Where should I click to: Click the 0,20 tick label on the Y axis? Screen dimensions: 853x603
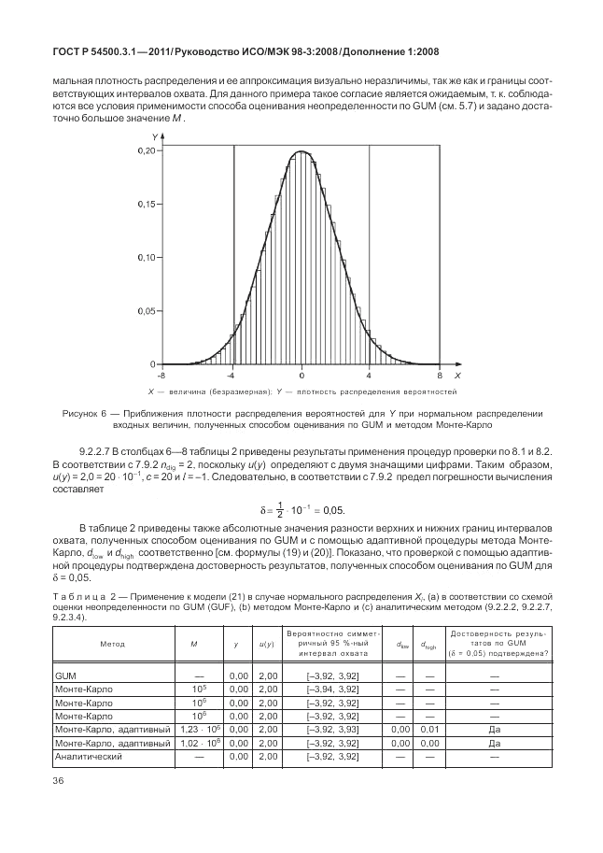[146, 150]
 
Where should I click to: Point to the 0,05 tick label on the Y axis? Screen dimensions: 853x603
[146, 310]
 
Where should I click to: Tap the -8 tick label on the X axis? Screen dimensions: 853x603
[161, 374]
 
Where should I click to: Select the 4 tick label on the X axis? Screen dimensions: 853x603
[370, 374]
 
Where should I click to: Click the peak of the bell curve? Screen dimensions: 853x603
[301, 151]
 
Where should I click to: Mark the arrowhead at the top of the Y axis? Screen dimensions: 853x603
[162, 138]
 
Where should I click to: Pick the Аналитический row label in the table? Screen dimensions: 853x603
[90, 755]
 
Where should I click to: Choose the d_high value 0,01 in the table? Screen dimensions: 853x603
[430, 729]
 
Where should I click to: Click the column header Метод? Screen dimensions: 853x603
[111, 645]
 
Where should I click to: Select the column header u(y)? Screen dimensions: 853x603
[266, 645]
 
